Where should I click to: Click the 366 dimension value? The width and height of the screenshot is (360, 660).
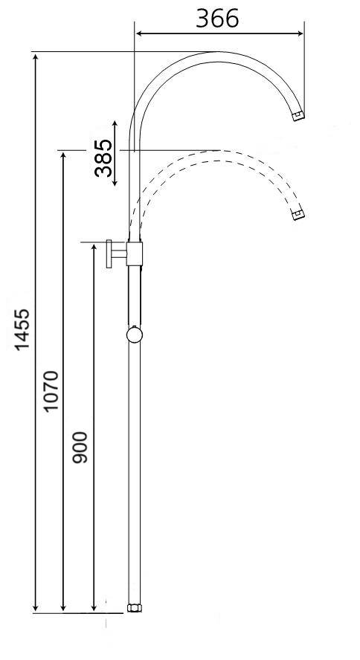pos(217,18)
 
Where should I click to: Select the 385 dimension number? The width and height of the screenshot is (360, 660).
pos(105,156)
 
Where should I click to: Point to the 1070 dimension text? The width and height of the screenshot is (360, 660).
pos(51,391)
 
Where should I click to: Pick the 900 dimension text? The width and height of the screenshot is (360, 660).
pos(80,447)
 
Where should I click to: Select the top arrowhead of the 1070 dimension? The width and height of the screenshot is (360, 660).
pos(63,155)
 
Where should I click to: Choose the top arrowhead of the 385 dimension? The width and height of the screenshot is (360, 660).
pos(115,124)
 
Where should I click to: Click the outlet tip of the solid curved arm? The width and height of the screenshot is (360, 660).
pos(298,115)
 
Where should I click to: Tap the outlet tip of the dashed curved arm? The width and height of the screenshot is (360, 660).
pos(298,216)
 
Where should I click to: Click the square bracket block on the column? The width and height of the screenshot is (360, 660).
pos(135,253)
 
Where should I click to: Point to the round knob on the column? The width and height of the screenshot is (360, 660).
pos(135,335)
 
